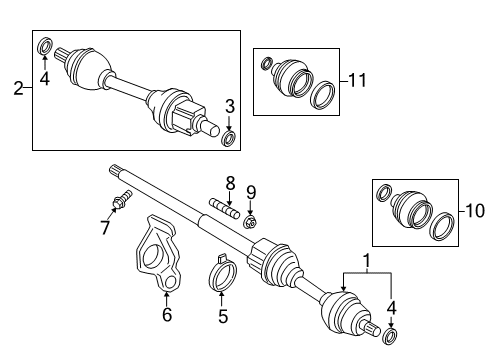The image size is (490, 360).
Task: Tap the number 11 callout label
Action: (x=357, y=76)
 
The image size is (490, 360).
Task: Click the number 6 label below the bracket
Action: (x=167, y=316)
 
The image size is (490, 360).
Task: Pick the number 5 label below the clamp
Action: (x=223, y=317)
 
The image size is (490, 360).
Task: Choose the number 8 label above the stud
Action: (x=229, y=182)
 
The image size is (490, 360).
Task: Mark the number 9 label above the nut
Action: (x=252, y=191)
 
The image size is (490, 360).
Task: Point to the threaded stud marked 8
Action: (x=226, y=211)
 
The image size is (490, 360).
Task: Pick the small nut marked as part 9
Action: (x=252, y=221)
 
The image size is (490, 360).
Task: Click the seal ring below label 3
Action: (x=229, y=137)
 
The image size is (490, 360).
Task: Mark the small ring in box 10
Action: (x=383, y=192)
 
